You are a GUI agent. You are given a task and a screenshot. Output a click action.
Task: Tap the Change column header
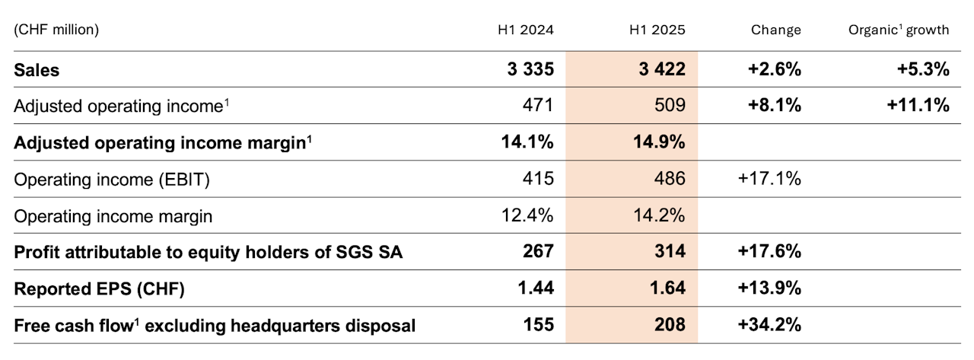(x=775, y=30)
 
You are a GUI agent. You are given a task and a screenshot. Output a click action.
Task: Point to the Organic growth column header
(x=899, y=30)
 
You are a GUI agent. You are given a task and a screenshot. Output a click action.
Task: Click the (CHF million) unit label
(x=56, y=30)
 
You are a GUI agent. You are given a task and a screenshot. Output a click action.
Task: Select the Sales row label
(x=37, y=70)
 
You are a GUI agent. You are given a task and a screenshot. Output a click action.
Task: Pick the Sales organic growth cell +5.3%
(x=924, y=70)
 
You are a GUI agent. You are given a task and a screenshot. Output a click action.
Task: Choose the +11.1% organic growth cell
(x=918, y=106)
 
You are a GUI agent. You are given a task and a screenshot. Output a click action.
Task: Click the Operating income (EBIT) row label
(x=112, y=179)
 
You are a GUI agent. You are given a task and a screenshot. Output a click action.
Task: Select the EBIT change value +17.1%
(x=769, y=179)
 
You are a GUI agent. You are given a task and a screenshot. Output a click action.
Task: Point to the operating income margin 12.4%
(x=528, y=216)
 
